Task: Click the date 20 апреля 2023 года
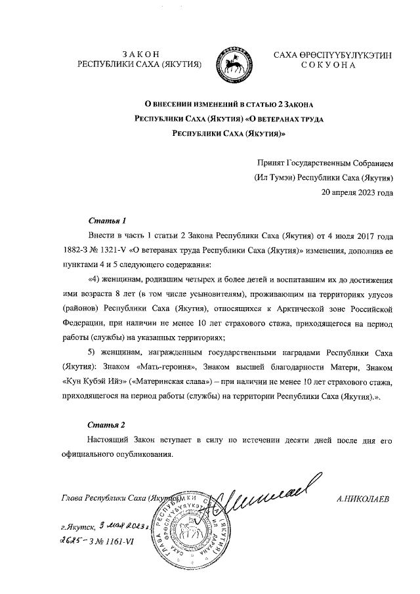click(356, 193)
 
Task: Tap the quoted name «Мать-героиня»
click(165, 367)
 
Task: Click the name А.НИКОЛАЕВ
click(362, 498)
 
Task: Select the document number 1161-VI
click(121, 542)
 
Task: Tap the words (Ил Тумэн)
click(274, 178)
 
